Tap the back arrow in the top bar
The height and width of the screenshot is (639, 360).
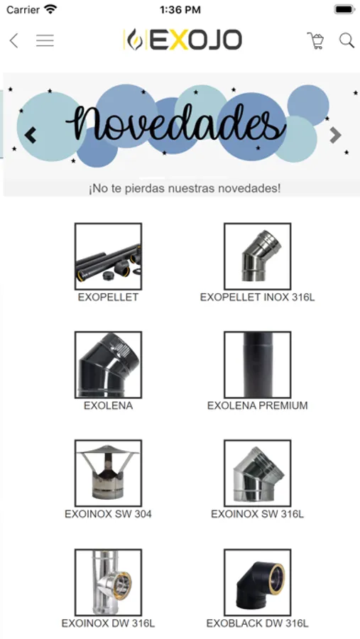[14, 40]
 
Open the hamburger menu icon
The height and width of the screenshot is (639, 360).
[45, 40]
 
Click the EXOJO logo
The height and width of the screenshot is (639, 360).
[182, 40]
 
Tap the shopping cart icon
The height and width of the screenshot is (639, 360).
[315, 40]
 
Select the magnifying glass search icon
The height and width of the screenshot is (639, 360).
[347, 40]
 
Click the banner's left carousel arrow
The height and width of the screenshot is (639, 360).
[31, 136]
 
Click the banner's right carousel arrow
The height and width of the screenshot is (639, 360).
[335, 136]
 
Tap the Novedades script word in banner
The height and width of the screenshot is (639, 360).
[175, 122]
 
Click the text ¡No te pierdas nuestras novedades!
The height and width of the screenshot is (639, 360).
[185, 189]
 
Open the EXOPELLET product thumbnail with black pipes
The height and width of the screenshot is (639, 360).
[108, 256]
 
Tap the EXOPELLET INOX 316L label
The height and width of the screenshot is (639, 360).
[257, 297]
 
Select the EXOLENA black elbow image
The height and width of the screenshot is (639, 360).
[108, 365]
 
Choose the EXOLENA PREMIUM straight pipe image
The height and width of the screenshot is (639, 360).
[257, 365]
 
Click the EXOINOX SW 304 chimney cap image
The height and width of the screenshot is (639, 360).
[108, 473]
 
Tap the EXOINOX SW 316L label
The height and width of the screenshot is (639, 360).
[257, 514]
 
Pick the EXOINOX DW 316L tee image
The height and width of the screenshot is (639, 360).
[108, 582]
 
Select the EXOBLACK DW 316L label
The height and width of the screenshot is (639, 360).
[257, 623]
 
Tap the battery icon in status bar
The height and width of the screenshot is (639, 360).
[344, 9]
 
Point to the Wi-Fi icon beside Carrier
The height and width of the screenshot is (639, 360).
[50, 9]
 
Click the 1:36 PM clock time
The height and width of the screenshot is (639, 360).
[180, 10]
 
